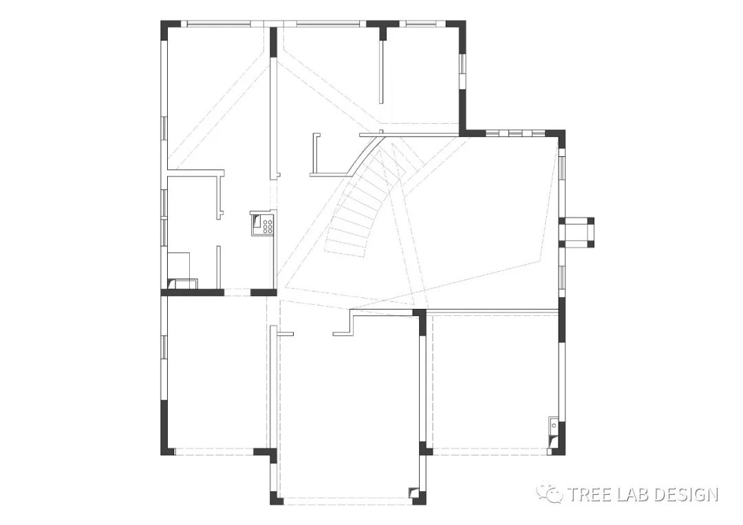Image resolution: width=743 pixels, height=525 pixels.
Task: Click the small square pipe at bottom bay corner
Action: coord(413,492)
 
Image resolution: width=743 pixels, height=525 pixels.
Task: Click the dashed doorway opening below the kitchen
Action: coord(237,293)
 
